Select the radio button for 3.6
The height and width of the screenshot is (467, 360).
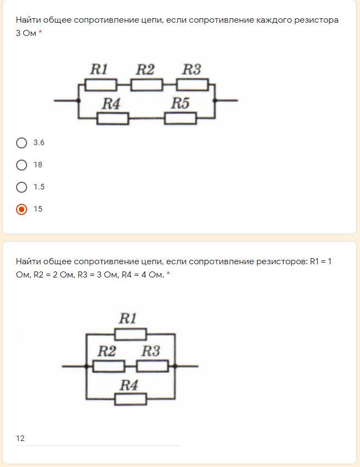click(x=22, y=143)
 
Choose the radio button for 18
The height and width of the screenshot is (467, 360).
click(x=22, y=165)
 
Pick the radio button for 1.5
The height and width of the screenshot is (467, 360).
click(x=22, y=187)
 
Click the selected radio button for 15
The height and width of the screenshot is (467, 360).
click(x=22, y=209)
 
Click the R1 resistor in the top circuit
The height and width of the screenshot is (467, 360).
click(x=100, y=85)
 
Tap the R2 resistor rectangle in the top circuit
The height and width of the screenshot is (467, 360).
click(x=146, y=85)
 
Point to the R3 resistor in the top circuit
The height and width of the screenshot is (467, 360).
click(x=192, y=85)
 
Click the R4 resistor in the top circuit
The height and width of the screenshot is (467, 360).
click(x=112, y=118)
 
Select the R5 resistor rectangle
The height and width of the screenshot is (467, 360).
click(x=180, y=118)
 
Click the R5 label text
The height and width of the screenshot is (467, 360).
click(x=180, y=103)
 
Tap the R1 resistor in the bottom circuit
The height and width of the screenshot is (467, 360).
click(x=131, y=334)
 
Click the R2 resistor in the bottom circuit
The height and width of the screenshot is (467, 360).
click(x=108, y=366)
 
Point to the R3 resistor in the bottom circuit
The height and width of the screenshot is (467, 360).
click(x=152, y=366)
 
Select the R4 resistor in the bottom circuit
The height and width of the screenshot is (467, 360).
click(x=131, y=399)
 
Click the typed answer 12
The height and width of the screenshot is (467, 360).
click(x=20, y=438)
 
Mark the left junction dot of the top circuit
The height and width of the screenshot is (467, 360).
click(x=79, y=100)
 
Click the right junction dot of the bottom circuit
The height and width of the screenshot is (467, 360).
click(x=175, y=366)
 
